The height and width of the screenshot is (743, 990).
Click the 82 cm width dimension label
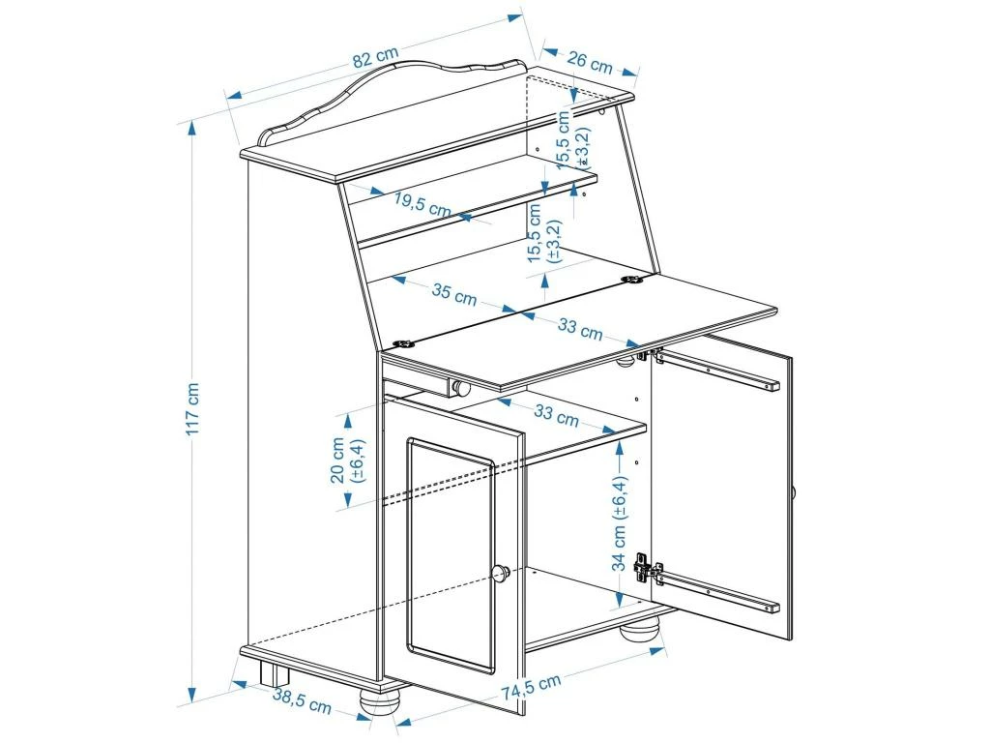(x=374, y=59)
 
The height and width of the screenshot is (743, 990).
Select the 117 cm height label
(x=193, y=408)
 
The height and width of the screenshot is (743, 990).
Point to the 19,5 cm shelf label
(x=422, y=203)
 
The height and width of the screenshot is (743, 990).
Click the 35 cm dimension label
(x=453, y=295)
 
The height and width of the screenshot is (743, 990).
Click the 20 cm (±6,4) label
(x=348, y=460)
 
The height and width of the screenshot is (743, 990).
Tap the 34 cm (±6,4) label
(x=620, y=523)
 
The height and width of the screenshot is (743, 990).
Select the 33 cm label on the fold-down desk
(x=579, y=329)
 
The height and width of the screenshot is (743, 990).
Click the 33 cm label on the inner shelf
(x=556, y=416)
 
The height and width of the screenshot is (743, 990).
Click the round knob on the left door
(x=501, y=573)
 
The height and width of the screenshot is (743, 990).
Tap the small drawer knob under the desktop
(x=461, y=389)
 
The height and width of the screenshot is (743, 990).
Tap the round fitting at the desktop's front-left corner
(x=403, y=342)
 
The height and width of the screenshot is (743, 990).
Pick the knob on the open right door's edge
(x=794, y=493)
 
